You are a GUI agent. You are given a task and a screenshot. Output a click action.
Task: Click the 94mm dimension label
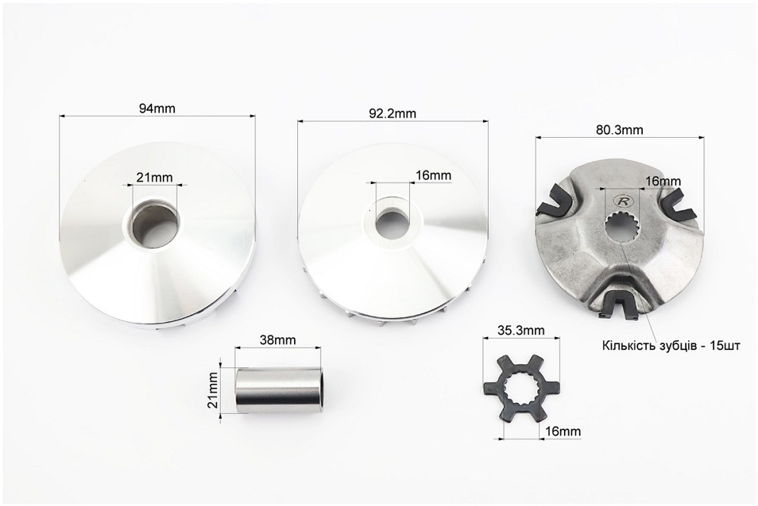tap(157, 108)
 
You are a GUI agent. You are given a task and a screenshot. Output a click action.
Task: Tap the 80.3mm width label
tap(620, 130)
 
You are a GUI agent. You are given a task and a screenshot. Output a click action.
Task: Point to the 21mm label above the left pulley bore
tap(154, 177)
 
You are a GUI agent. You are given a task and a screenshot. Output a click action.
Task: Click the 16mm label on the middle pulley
tap(434, 175)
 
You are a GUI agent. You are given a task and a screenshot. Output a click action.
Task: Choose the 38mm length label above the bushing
tap(277, 339)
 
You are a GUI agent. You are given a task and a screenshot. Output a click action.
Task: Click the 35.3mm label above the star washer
tap(522, 330)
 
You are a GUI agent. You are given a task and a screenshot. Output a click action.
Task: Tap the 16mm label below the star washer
tap(563, 430)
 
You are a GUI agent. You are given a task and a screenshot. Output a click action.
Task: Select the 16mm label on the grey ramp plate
tap(663, 181)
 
